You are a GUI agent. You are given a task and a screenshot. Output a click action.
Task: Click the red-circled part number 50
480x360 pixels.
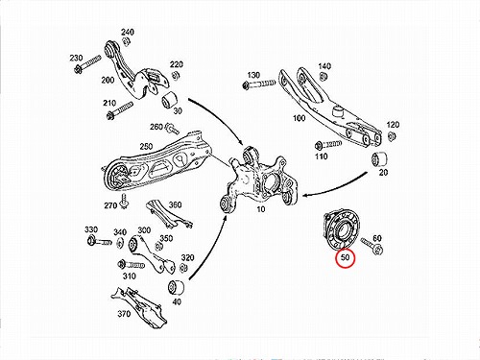coord(345,257)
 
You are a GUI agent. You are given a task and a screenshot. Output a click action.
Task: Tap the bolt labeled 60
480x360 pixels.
coord(372,247)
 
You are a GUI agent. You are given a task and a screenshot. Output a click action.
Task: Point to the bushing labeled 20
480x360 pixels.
coord(379,160)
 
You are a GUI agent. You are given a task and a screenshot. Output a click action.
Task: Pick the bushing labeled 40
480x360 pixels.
coord(176,287)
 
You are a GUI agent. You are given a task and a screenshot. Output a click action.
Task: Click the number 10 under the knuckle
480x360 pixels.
coord(261,209)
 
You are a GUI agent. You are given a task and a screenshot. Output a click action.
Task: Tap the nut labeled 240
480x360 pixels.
coord(126,41)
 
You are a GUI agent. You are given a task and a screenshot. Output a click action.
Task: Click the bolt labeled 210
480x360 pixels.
coord(119,110)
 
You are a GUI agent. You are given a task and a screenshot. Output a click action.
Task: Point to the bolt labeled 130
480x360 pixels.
coord(259,84)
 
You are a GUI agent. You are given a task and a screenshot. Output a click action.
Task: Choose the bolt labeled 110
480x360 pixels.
coord(328,145)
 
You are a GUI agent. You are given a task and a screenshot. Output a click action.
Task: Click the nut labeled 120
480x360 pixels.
coord(391,136)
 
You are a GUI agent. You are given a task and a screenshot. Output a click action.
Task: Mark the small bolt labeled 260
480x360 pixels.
coord(172,129)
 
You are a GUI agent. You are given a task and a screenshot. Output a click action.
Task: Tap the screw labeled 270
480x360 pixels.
coord(123,201)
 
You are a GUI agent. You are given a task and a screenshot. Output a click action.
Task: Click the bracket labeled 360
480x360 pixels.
coord(168,215)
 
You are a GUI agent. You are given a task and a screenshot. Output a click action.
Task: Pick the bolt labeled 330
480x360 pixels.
coord(99,241)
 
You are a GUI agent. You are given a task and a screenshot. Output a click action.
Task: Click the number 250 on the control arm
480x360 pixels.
coord(146,146)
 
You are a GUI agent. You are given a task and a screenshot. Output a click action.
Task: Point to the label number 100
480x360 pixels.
coord(300,118)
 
